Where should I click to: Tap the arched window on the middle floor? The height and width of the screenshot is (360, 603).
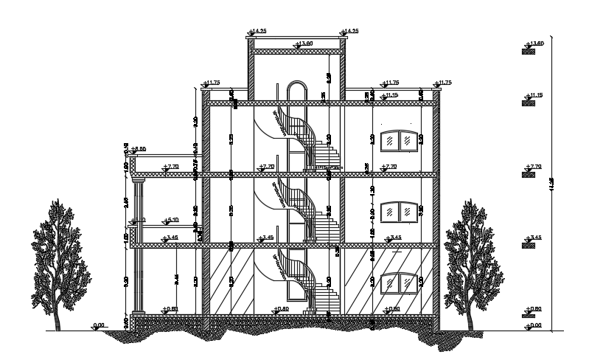[x=398, y=210]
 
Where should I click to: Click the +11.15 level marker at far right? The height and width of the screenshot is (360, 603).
[x=534, y=96]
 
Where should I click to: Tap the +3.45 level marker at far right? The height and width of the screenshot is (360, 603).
[x=534, y=238]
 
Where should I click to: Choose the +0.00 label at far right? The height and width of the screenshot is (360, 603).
[x=534, y=325]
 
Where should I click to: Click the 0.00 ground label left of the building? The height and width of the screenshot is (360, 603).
[x=99, y=325]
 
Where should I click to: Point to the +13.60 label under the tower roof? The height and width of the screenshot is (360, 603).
[x=303, y=44]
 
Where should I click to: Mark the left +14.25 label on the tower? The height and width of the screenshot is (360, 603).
[x=257, y=31]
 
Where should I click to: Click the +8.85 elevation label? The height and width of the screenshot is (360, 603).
[x=137, y=149]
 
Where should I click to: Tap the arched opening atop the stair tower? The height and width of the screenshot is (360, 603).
[x=297, y=90]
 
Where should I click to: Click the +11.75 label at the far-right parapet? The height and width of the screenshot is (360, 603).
[x=443, y=83]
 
